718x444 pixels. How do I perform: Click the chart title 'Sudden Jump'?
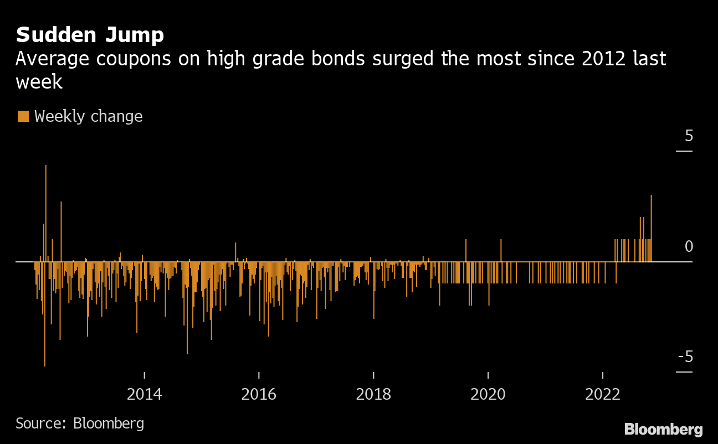click(90, 35)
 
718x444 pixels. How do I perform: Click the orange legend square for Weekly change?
click(23, 116)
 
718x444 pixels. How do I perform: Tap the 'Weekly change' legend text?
click(88, 116)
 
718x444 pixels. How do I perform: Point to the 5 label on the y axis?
click(689, 136)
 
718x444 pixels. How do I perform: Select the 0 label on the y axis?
click(689, 246)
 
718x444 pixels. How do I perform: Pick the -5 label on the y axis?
click(685, 357)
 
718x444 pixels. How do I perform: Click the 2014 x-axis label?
click(144, 394)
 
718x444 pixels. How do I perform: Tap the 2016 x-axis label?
click(259, 394)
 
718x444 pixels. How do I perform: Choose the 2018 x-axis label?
click(373, 394)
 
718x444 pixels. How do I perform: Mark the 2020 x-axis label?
click(488, 394)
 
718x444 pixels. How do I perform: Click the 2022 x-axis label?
click(603, 394)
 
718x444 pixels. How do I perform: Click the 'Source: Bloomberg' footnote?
click(80, 424)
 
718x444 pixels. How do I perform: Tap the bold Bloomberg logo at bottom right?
click(663, 429)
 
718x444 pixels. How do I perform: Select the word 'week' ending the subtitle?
click(39, 82)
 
